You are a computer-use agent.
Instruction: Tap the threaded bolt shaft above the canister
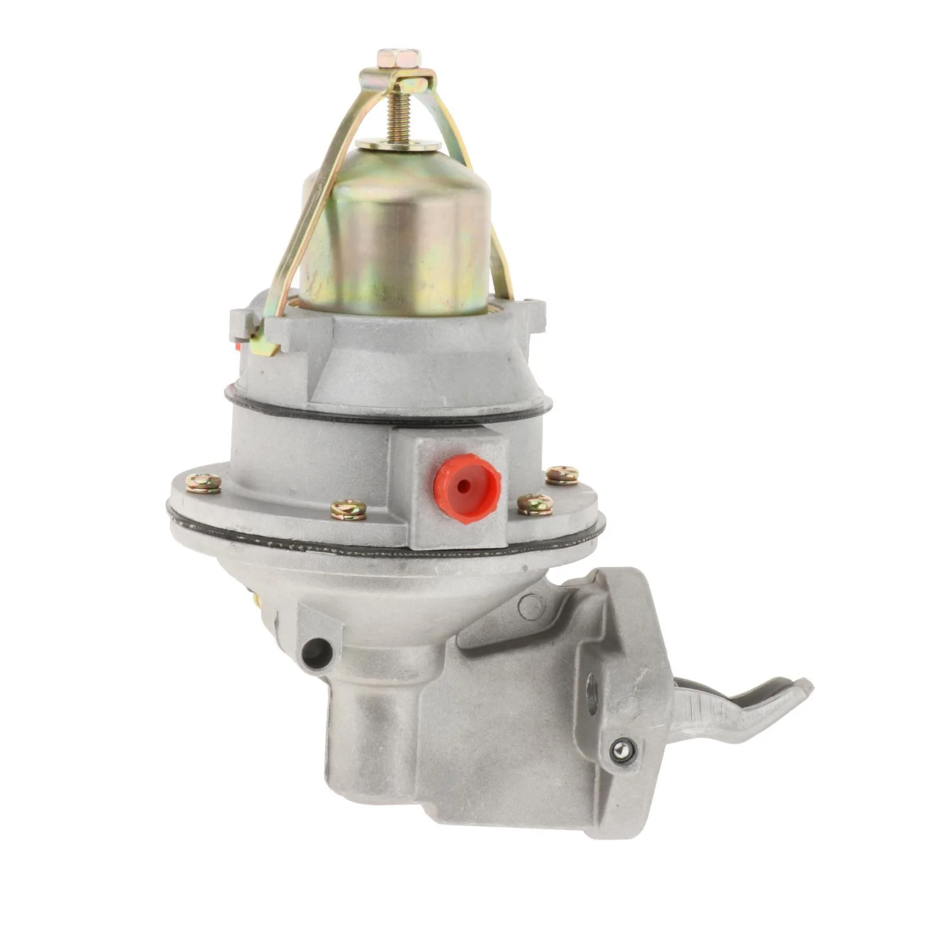[x=398, y=116]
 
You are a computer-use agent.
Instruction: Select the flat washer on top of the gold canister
[x=398, y=143]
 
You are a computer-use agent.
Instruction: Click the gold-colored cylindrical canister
[x=395, y=232]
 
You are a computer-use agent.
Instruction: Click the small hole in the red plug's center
[x=463, y=485]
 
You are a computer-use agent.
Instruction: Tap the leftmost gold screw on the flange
[x=203, y=482]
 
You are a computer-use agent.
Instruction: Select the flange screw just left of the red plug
[x=348, y=509]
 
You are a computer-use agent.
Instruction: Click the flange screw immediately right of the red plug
[x=535, y=504]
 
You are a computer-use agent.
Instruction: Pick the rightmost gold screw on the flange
[x=562, y=475]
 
